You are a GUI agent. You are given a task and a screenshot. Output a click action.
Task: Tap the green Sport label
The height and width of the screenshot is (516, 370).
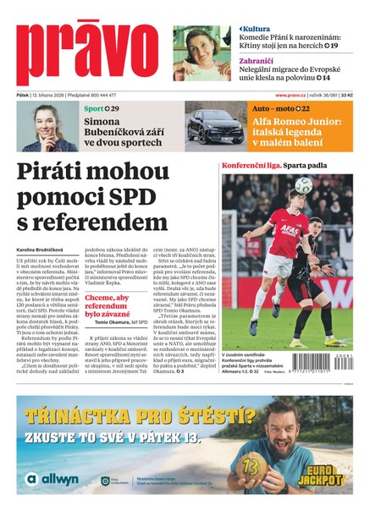click(x=94, y=109)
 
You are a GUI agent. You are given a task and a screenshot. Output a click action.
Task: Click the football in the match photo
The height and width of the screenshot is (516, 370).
click(x=303, y=185)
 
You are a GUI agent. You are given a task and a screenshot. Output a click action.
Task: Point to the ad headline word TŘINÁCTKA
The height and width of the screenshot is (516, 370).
click(x=86, y=415)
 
